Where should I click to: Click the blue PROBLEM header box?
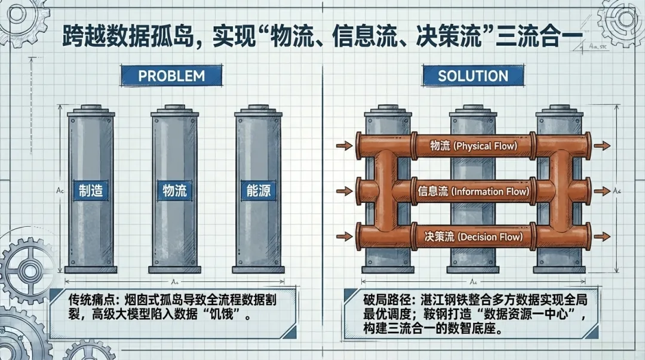pyautogui.click(x=171, y=76)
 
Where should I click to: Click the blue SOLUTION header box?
pyautogui.click(x=473, y=76)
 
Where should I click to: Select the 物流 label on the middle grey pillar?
pyautogui.click(x=175, y=190)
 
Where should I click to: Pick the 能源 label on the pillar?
pyautogui.click(x=259, y=190)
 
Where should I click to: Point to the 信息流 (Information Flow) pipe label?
pyautogui.click(x=474, y=191)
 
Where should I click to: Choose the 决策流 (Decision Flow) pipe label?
pyautogui.click(x=473, y=236)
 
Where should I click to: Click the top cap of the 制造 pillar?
pyautogui.click(x=91, y=111)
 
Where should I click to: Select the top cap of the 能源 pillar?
pyautogui.click(x=259, y=111)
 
